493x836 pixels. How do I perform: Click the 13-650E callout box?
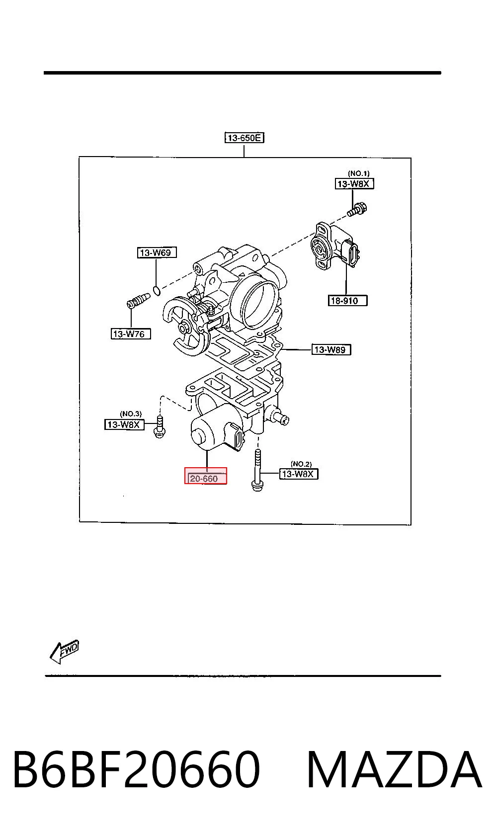pos(244,138)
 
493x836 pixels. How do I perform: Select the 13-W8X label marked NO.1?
pos(354,183)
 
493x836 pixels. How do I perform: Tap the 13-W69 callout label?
pos(157,252)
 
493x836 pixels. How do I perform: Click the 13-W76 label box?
pos(131,334)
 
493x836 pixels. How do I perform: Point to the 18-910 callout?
pos(347,300)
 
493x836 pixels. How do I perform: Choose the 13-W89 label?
pos(331,350)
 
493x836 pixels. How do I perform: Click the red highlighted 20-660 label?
pos(206,476)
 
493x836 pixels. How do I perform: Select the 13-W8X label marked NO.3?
pos(124,424)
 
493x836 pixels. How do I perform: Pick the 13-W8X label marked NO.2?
pos(299,474)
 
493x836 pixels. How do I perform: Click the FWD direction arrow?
pos(64,651)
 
